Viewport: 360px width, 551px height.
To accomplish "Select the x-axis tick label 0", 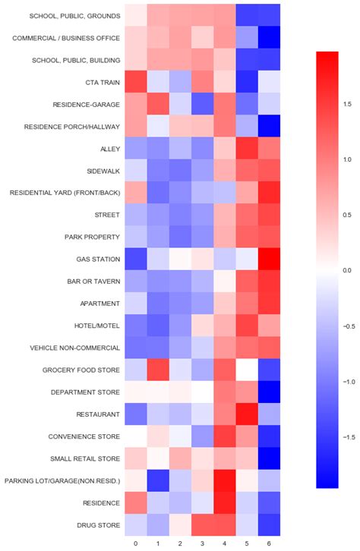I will pos(136,543).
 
